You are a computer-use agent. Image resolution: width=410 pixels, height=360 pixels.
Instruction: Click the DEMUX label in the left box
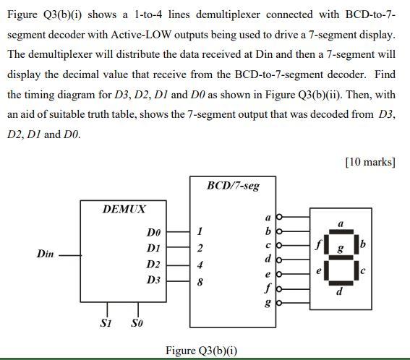(x=124, y=209)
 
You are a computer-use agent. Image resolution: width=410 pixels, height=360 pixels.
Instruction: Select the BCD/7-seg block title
(x=233, y=186)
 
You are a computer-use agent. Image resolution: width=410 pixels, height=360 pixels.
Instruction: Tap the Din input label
(x=45, y=254)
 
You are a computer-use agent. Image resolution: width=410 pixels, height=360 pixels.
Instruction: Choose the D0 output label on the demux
(x=153, y=233)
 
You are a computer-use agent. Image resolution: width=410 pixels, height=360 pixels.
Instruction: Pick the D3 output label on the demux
(x=153, y=279)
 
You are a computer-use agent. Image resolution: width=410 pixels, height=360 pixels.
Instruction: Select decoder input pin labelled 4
(x=200, y=264)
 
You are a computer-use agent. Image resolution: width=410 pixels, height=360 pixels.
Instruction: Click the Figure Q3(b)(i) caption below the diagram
(x=202, y=351)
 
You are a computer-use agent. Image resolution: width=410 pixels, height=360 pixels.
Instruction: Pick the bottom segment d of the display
(x=341, y=281)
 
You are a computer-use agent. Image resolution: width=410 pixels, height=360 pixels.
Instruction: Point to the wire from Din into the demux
(x=69, y=254)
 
